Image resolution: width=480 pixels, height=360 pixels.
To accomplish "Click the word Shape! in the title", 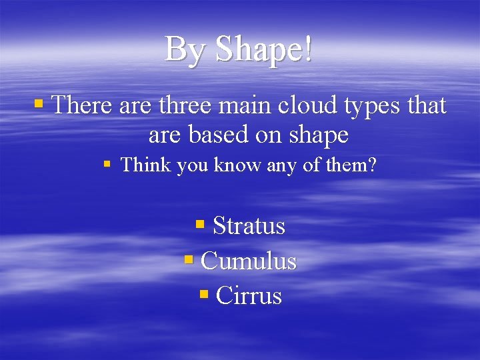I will (264, 50).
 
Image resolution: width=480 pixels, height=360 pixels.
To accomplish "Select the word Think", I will (146, 165).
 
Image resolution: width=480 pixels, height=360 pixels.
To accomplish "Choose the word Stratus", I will (249, 226).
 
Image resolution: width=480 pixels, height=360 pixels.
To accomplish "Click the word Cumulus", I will (248, 261).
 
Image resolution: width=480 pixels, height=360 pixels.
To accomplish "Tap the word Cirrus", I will (249, 295).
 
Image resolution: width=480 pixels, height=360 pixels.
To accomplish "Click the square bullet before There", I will (39, 104).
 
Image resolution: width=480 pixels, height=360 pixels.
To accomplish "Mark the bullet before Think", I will (107, 164).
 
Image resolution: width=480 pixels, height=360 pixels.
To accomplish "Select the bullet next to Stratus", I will (199, 225).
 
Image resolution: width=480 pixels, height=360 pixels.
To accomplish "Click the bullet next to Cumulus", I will (187, 259).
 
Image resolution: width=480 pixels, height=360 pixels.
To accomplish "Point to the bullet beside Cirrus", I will (203, 294).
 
